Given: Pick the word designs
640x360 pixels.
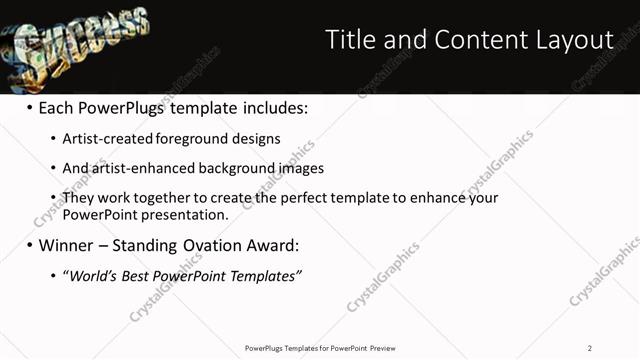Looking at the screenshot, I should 258,138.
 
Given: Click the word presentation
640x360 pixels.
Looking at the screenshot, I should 191,214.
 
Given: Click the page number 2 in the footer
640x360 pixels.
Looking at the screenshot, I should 590,348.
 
